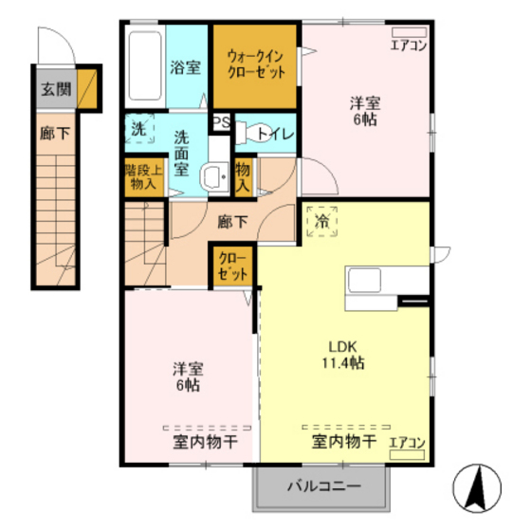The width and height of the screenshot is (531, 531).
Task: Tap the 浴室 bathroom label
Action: pos(185,68)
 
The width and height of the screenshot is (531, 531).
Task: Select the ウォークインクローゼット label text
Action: pos(254,64)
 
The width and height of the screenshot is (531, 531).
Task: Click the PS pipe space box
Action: pos(221,122)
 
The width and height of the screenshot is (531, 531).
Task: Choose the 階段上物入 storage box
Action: pos(143,178)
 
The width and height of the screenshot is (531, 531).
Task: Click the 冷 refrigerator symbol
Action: pos(321,223)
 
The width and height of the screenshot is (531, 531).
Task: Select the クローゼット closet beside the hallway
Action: pos(233,265)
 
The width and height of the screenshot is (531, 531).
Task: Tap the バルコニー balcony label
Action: pos(323,489)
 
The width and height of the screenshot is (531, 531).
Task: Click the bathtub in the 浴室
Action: pos(144,65)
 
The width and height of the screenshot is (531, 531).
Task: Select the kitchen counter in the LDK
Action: pos(375,282)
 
